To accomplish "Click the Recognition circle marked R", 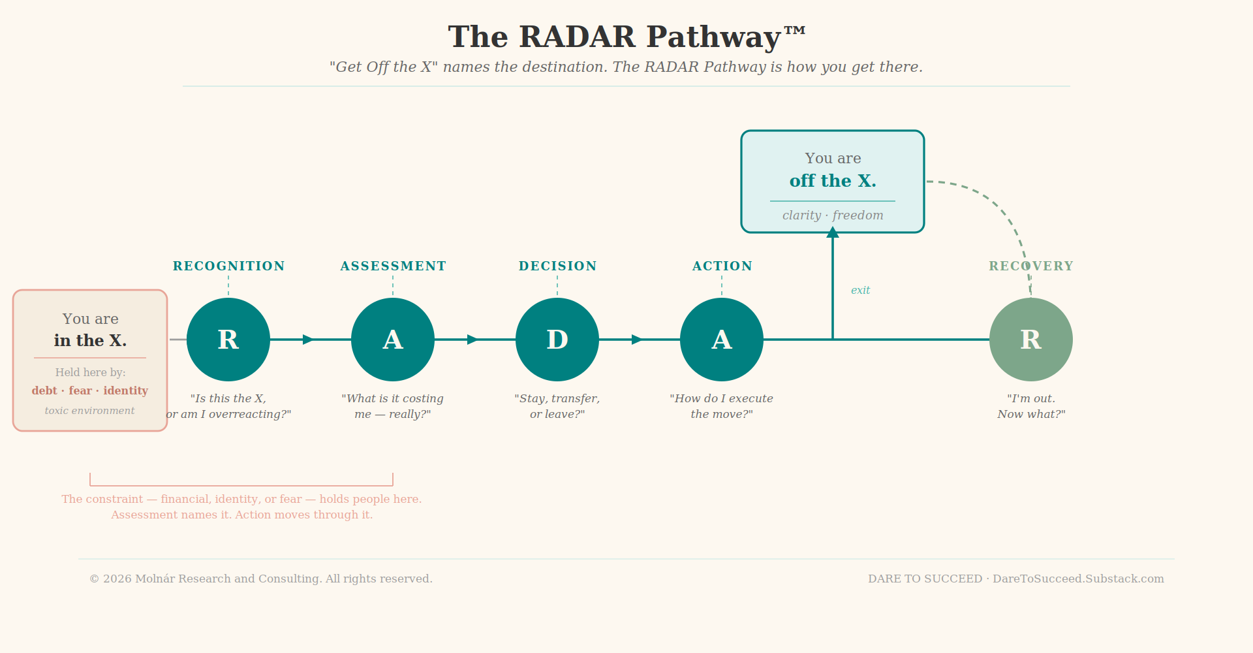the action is coord(228,340).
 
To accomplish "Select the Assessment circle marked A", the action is coord(393,340).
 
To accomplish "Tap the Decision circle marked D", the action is coord(557,340).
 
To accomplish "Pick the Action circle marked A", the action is coord(722,340).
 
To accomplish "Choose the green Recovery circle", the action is coord(1031,340).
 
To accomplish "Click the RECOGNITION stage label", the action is coord(228,266).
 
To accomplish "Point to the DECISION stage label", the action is coord(557,266).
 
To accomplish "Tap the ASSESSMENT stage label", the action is coord(393,266).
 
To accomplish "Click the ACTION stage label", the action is coord(722,266).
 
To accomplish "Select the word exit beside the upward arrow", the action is coord(860,291).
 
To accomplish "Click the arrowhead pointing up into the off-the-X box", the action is coord(833,232).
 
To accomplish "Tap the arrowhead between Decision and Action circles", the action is coord(637,340).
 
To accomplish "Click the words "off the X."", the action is coord(833,181).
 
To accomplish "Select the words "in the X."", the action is coord(90,341).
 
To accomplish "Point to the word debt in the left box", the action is coord(44,391).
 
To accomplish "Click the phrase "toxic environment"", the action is coord(90,411).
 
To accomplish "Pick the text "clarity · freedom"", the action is coord(833,215).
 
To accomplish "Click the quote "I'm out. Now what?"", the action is coord(1031,406).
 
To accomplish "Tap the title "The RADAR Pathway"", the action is coord(626,37).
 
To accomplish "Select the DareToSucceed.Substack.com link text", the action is coord(1078,579).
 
